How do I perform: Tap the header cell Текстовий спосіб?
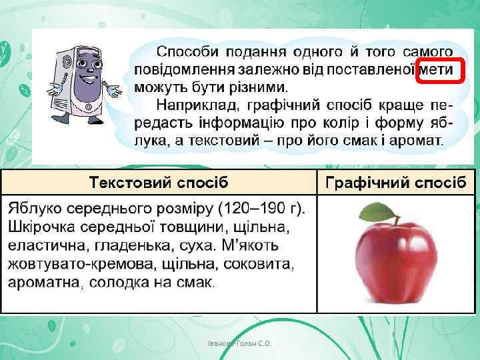[159, 182]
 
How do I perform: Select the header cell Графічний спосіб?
[395, 182]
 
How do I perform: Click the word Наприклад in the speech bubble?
[198, 105]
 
